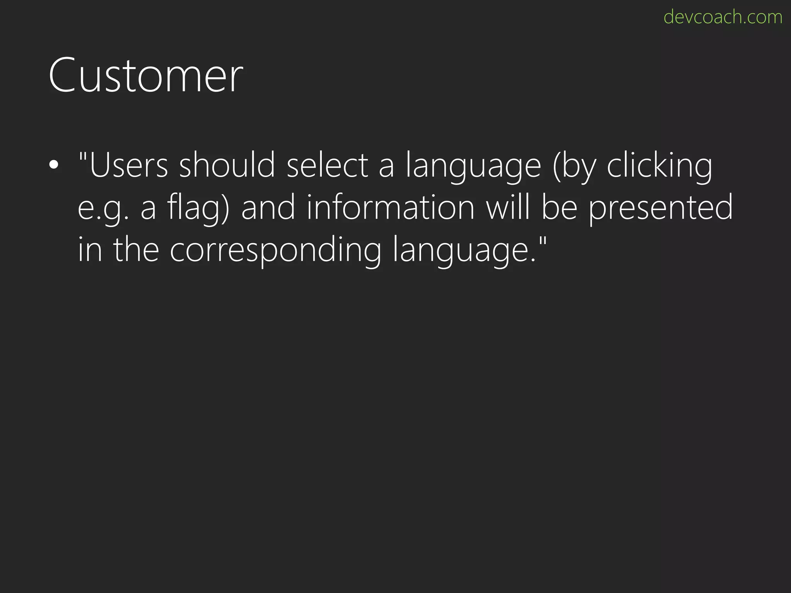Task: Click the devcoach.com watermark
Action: point(723,17)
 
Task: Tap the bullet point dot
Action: point(54,165)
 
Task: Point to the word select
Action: point(328,165)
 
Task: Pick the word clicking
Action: point(659,165)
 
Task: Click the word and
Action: point(268,207)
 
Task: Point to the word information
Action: point(390,207)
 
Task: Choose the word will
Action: point(508,207)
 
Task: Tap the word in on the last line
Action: point(90,250)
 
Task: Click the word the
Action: point(136,250)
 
